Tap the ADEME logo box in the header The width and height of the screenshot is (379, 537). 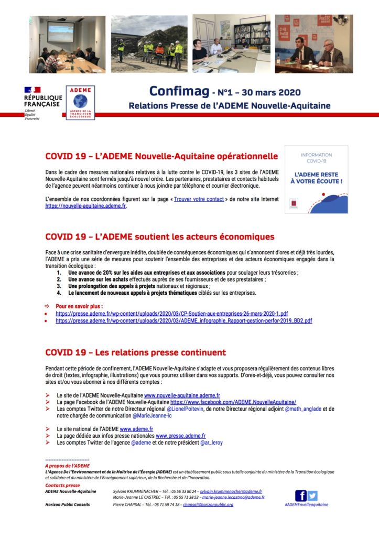coord(81,102)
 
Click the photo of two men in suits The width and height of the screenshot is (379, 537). coord(314,44)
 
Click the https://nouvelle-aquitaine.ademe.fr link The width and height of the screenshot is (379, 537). coord(86,206)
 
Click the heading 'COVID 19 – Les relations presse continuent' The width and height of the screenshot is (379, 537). coord(136,352)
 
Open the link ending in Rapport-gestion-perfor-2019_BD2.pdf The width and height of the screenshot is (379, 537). coord(184,320)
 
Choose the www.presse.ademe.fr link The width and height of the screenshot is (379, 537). coord(181,435)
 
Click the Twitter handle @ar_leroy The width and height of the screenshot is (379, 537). coord(211,442)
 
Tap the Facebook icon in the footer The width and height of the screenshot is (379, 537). coord(301,495)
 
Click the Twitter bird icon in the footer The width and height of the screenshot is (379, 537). coord(312,495)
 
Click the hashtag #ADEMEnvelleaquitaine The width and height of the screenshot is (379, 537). coord(306,504)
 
